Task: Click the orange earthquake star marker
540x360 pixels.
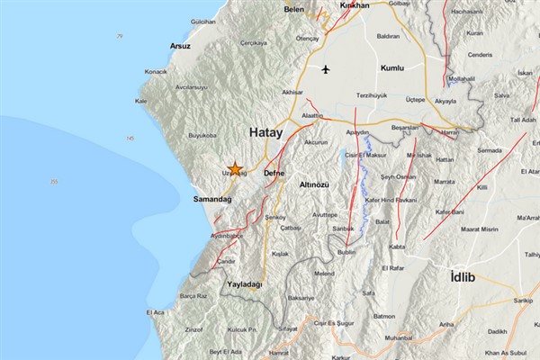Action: click(235, 168)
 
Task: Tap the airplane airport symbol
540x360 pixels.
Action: click(325, 68)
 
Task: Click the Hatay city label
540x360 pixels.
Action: click(265, 132)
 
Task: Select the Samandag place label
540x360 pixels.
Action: click(212, 199)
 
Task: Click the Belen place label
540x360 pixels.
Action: click(294, 9)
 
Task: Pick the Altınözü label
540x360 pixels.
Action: click(314, 184)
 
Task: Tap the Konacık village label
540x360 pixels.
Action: click(156, 71)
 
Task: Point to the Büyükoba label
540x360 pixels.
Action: click(202, 137)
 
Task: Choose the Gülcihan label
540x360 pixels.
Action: click(203, 20)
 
